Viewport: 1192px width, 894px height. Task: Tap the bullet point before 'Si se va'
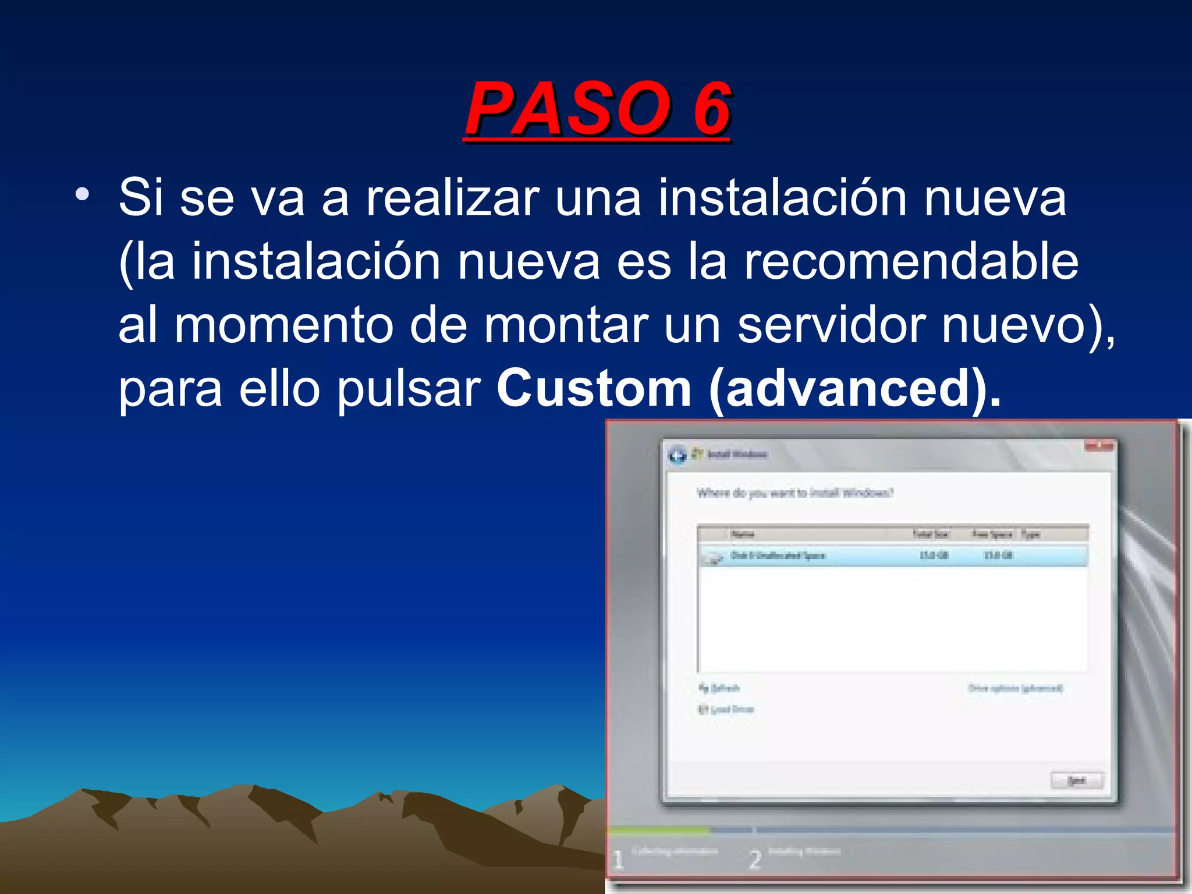pyautogui.click(x=82, y=194)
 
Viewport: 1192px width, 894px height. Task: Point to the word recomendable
pyautogui.click(x=911, y=261)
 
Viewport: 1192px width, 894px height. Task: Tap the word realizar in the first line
pyautogui.click(x=453, y=198)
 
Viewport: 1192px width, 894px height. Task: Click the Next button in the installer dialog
pyautogui.click(x=1076, y=780)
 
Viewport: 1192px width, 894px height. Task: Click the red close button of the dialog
pyautogui.click(x=1098, y=446)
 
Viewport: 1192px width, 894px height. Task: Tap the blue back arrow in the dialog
pyautogui.click(x=677, y=455)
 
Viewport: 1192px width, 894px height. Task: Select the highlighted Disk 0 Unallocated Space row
pyautogui.click(x=892, y=556)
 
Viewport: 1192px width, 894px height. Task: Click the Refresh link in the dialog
pyautogui.click(x=721, y=689)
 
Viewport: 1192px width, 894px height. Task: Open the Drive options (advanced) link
pyautogui.click(x=1015, y=689)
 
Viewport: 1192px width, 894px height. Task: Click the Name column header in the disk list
pyautogui.click(x=743, y=534)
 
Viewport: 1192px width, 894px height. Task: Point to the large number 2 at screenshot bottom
pyautogui.click(x=755, y=859)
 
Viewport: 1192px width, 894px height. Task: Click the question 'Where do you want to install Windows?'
pyautogui.click(x=794, y=494)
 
